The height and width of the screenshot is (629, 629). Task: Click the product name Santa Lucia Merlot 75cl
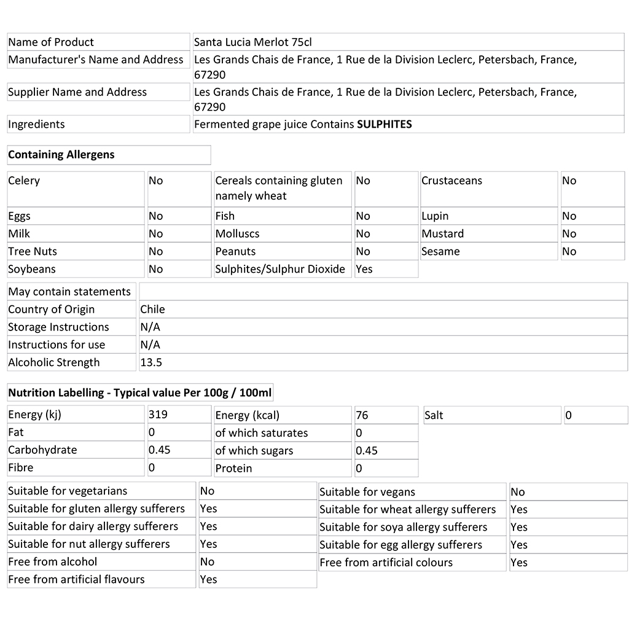[253, 42]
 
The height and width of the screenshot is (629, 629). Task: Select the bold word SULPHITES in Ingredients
[385, 124]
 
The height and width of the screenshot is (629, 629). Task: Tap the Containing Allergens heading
[61, 155]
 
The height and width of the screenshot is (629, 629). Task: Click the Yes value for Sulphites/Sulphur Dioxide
[364, 269]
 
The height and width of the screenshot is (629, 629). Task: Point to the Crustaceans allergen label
[451, 181]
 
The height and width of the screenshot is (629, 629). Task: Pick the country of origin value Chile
[152, 310]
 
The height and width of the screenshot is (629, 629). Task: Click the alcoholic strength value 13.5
[151, 362]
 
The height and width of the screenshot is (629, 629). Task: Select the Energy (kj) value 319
[158, 415]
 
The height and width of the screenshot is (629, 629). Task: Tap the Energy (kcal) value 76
[362, 415]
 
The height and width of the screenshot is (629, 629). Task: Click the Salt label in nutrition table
[434, 415]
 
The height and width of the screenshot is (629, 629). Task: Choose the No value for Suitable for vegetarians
[207, 491]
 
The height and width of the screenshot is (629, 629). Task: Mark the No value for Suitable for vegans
[518, 491]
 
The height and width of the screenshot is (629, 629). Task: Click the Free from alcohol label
[53, 561]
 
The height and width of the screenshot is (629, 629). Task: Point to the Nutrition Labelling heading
[140, 393]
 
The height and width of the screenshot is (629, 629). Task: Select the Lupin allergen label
[435, 216]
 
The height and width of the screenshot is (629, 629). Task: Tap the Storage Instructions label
[58, 327]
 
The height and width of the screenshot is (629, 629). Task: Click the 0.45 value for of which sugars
[367, 450]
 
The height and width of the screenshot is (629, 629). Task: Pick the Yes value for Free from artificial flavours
[208, 579]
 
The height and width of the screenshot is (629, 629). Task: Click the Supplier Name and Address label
[77, 92]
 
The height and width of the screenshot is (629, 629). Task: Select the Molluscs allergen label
[237, 234]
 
